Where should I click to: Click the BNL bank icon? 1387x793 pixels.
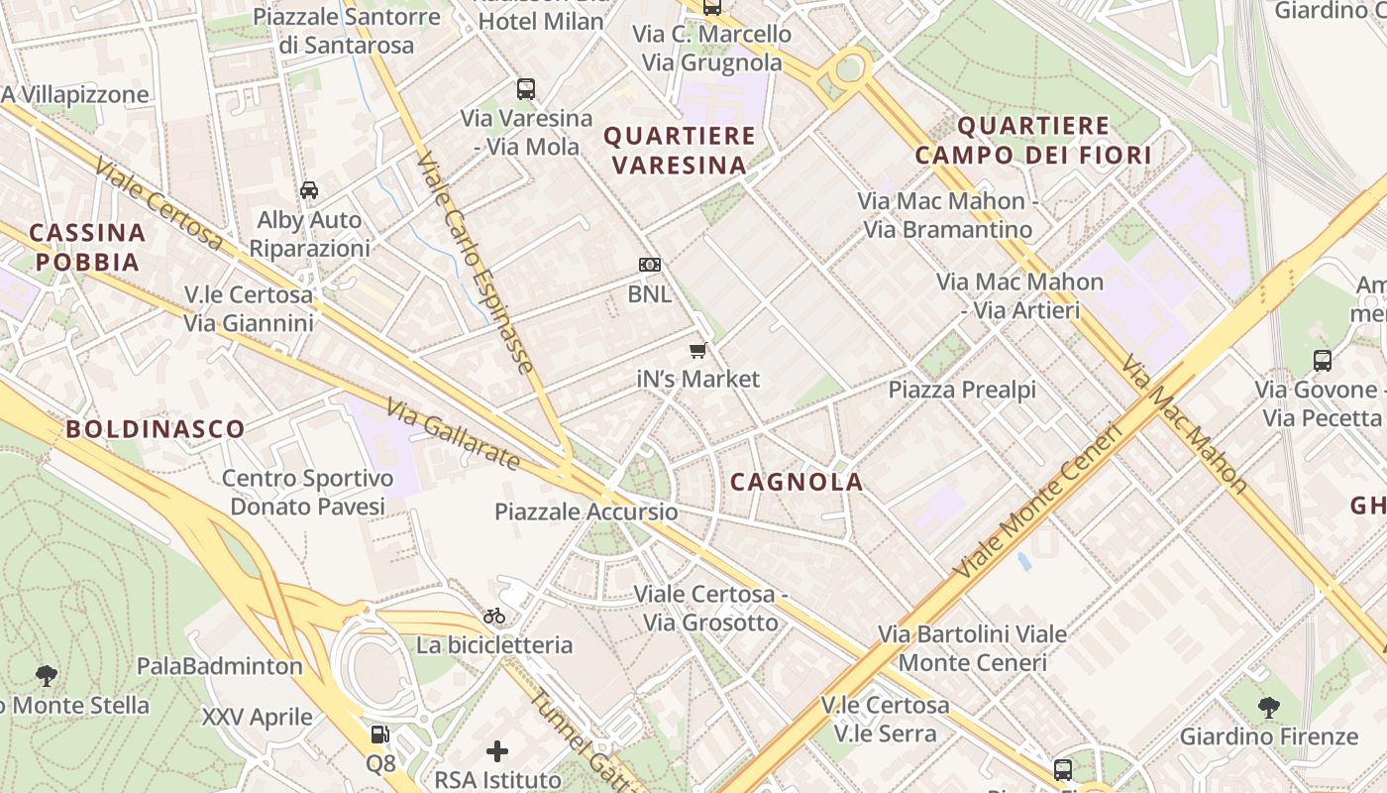pyautogui.click(x=650, y=265)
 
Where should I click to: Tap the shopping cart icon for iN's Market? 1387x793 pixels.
pyautogui.click(x=698, y=350)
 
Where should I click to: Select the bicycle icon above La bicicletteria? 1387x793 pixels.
pyautogui.click(x=494, y=616)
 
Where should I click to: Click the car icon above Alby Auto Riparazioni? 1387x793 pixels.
pyautogui.click(x=309, y=189)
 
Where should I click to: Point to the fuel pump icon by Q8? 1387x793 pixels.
pyautogui.click(x=379, y=735)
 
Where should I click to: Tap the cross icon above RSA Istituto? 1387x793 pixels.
pyautogui.click(x=497, y=751)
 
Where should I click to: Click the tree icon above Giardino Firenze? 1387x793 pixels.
pyautogui.click(x=1268, y=708)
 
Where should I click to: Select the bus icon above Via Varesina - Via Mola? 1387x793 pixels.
pyautogui.click(x=526, y=89)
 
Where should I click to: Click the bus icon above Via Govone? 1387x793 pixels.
pyautogui.click(x=1323, y=361)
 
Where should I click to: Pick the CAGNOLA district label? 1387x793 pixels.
pyautogui.click(x=797, y=483)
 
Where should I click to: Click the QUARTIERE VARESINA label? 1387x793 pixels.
pyautogui.click(x=680, y=150)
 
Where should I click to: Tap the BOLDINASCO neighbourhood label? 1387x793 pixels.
pyautogui.click(x=156, y=429)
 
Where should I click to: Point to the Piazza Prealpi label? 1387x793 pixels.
pyautogui.click(x=962, y=390)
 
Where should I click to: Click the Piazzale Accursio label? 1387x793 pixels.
pyautogui.click(x=587, y=511)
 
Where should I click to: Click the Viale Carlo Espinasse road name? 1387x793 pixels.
pyautogui.click(x=477, y=262)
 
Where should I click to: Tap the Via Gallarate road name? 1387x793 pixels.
pyautogui.click(x=453, y=434)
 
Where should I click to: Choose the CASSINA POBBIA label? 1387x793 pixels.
pyautogui.click(x=86, y=248)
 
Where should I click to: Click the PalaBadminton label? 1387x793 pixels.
pyautogui.click(x=220, y=666)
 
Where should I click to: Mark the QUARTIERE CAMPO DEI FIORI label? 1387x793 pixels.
pyautogui.click(x=1033, y=140)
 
